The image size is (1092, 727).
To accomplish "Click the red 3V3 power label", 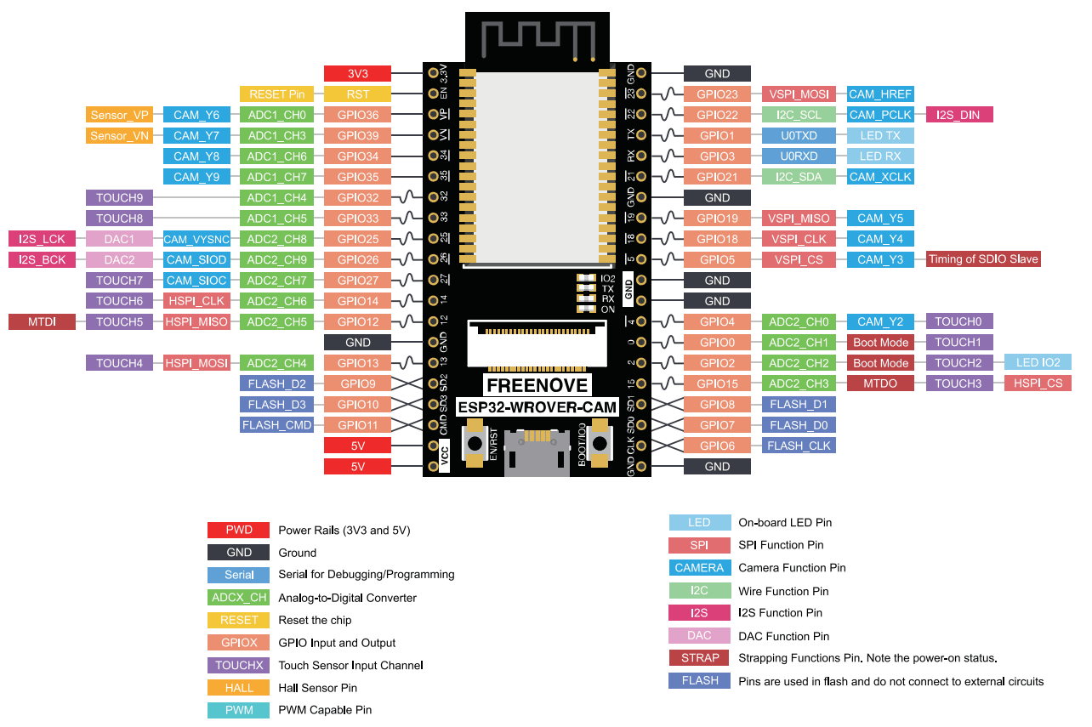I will (x=357, y=74).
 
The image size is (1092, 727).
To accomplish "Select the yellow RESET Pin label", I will (x=276, y=94).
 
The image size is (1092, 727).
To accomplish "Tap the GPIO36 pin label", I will (x=357, y=115).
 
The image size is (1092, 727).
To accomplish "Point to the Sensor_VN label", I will (x=119, y=136).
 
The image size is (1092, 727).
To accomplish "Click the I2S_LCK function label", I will (x=42, y=239).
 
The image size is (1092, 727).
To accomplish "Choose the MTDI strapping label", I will (x=42, y=322).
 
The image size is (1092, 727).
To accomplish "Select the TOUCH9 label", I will (x=119, y=198).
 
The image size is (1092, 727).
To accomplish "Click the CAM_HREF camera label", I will (x=879, y=94).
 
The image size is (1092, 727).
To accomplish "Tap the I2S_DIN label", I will (x=958, y=115).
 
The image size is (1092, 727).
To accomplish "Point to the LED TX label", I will (x=879, y=136).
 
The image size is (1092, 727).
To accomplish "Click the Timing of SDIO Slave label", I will (x=982, y=259).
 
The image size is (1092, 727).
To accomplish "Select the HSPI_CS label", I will (x=1038, y=383).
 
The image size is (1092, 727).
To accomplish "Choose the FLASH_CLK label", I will (x=798, y=446).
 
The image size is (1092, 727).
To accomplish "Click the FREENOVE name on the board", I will (x=536, y=385).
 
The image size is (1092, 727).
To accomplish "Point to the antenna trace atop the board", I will (x=536, y=38).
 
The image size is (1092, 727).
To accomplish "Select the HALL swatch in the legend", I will (x=239, y=688).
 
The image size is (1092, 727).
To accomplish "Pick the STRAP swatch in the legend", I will (x=700, y=658).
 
